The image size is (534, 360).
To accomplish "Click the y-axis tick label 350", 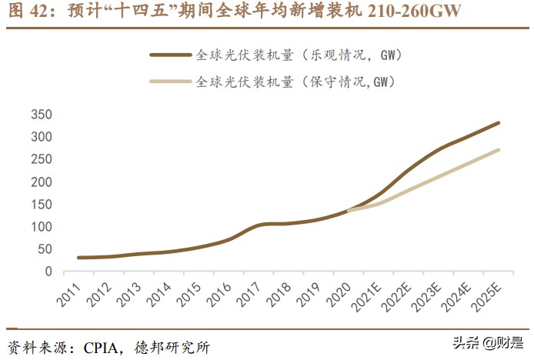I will tap(41, 115).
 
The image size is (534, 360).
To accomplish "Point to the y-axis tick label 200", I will tap(41, 182).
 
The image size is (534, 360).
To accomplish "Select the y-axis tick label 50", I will tap(44, 250).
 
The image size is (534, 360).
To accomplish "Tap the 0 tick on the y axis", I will tap(48, 272).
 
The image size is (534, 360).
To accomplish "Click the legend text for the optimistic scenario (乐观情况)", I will tap(299, 55).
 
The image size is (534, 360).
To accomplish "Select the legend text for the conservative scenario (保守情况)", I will tap(296, 81).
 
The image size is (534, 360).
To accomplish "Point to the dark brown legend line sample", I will tap(170, 55).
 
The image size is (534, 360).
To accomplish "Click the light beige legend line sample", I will tap(170, 81).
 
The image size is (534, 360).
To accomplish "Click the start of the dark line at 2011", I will tap(79, 258).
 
